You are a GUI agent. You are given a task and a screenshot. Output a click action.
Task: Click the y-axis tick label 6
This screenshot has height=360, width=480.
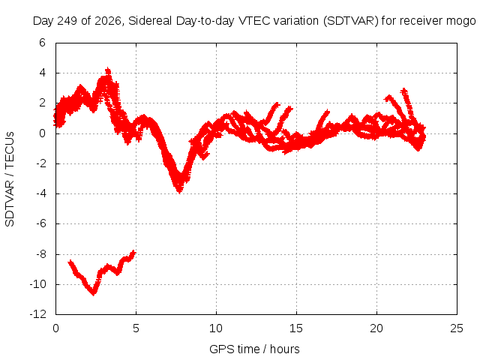click(x=42, y=43)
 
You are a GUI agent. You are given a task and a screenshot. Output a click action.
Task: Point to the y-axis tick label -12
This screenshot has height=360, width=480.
click(x=38, y=314)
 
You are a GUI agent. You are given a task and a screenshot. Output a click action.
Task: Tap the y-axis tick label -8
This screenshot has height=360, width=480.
click(x=40, y=253)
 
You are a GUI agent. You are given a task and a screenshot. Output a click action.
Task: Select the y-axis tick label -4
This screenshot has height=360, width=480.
click(x=40, y=193)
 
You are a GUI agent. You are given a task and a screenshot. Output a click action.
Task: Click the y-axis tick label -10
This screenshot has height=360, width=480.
click(x=38, y=284)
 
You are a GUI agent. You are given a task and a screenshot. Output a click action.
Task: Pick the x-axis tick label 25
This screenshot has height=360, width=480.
click(x=457, y=328)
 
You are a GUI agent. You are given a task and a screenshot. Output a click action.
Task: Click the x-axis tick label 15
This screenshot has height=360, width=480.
click(x=296, y=328)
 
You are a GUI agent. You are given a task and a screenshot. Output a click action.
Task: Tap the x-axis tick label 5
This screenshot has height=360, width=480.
click(x=136, y=328)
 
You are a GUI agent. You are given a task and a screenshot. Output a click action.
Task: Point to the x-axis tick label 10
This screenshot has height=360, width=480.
click(x=216, y=328)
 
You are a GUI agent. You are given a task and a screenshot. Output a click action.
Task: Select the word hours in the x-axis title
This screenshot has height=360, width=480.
click(x=285, y=349)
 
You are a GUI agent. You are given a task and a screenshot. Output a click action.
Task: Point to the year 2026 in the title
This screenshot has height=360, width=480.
click(x=108, y=21)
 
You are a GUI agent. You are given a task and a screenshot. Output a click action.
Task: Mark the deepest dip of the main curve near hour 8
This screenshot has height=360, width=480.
click(x=180, y=192)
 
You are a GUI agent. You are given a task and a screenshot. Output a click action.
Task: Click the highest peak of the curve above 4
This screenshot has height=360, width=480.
click(x=108, y=69)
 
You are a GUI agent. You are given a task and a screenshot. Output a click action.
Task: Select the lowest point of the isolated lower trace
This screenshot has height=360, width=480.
click(x=93, y=294)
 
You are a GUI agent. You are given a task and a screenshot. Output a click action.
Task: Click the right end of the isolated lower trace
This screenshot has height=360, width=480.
click(x=133, y=252)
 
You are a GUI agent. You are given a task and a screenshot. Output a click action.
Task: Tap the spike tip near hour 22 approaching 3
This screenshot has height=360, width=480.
click(x=404, y=90)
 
